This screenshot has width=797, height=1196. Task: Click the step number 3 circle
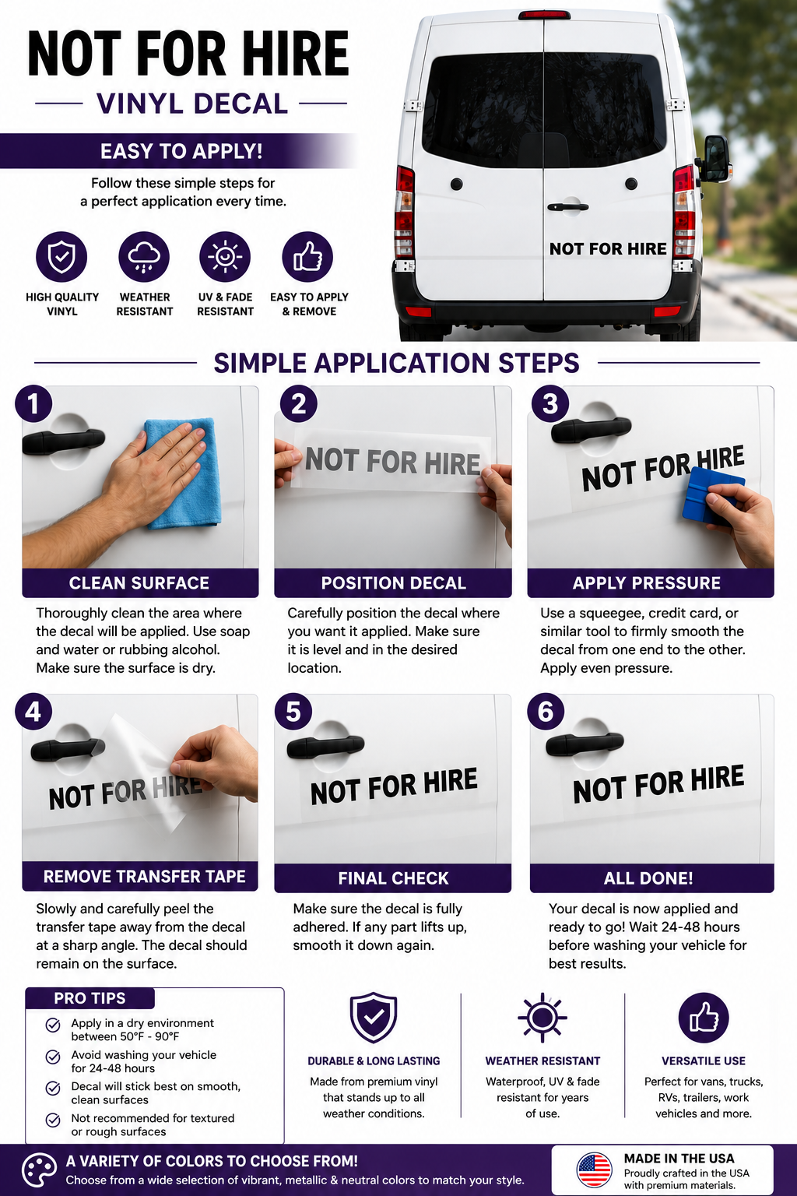click(x=549, y=403)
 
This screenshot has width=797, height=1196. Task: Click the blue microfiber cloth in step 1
click(x=183, y=473)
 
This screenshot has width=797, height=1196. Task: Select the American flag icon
click(x=594, y=1170)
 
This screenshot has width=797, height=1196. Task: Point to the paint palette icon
click(x=39, y=1170)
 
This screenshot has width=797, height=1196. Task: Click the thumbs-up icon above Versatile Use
click(x=703, y=1018)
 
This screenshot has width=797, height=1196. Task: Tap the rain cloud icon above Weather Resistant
click(x=144, y=257)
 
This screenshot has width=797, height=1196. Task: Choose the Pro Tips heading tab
click(x=90, y=998)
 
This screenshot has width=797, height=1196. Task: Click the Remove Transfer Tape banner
click(x=140, y=876)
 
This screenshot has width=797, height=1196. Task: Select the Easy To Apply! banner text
click(x=181, y=151)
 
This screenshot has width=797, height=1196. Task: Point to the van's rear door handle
click(x=567, y=206)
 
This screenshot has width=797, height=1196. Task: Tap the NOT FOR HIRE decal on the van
click(x=608, y=249)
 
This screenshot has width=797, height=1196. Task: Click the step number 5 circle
click(x=293, y=712)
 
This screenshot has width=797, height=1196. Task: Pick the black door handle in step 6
click(x=585, y=744)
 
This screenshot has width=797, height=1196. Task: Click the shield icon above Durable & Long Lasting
click(x=373, y=1018)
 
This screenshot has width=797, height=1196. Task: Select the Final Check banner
click(x=393, y=878)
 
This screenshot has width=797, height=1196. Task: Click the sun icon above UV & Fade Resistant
click(x=225, y=257)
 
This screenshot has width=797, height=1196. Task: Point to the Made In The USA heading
click(x=679, y=1158)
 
